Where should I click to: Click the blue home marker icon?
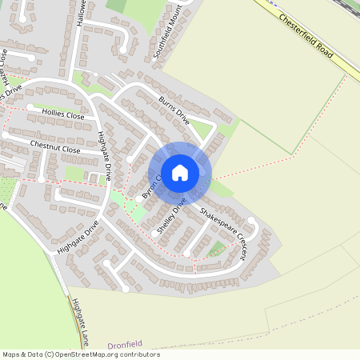click(180, 172)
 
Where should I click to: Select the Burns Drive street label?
click(174, 110)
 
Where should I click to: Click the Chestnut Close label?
click(55, 148)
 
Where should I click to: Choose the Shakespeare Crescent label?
click(223, 234)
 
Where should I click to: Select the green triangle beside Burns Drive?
click(202, 130)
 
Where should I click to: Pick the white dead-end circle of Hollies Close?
click(30, 106)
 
